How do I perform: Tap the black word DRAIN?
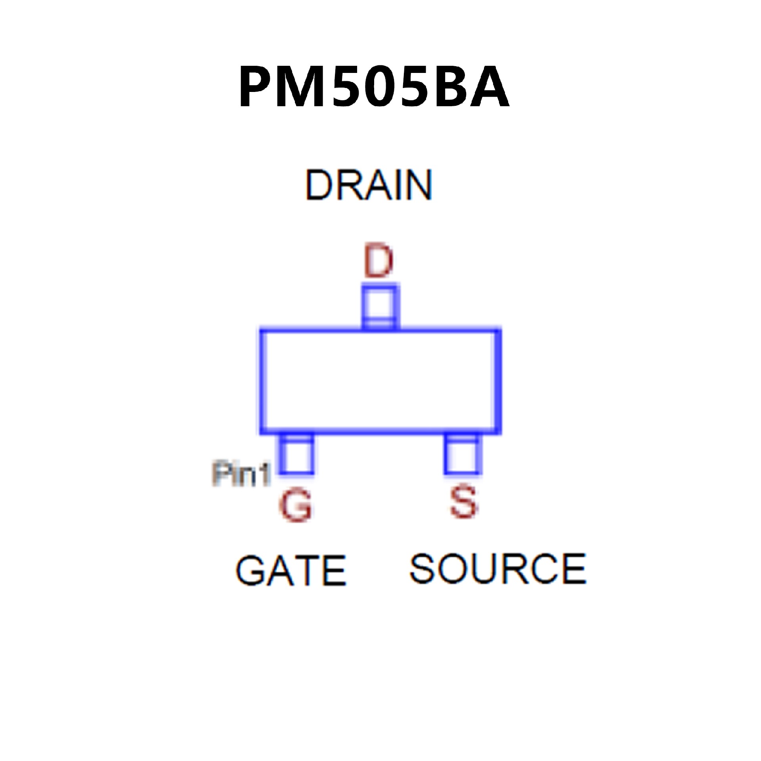369,185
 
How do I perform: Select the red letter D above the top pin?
379,262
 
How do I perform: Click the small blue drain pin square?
380,307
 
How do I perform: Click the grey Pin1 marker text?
241,474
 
